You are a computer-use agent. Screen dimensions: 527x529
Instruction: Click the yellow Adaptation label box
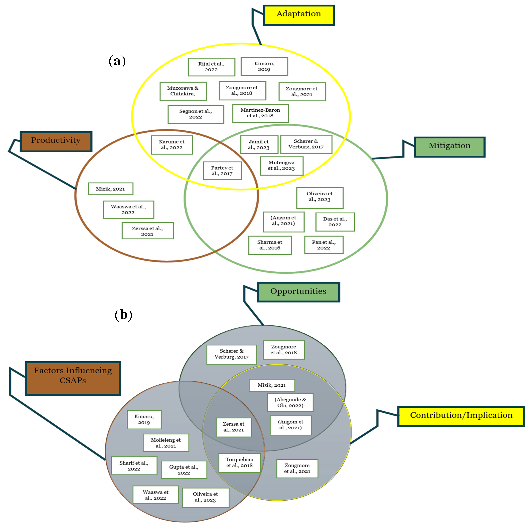point(299,15)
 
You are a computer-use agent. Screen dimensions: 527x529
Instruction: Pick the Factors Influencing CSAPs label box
point(73,378)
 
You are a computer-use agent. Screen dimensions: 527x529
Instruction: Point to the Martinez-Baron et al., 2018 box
point(260,113)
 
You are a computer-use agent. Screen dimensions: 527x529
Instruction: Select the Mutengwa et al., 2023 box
point(282,166)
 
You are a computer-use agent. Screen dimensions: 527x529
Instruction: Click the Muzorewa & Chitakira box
point(183,91)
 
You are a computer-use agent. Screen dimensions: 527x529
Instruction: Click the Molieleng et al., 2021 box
point(166,442)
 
